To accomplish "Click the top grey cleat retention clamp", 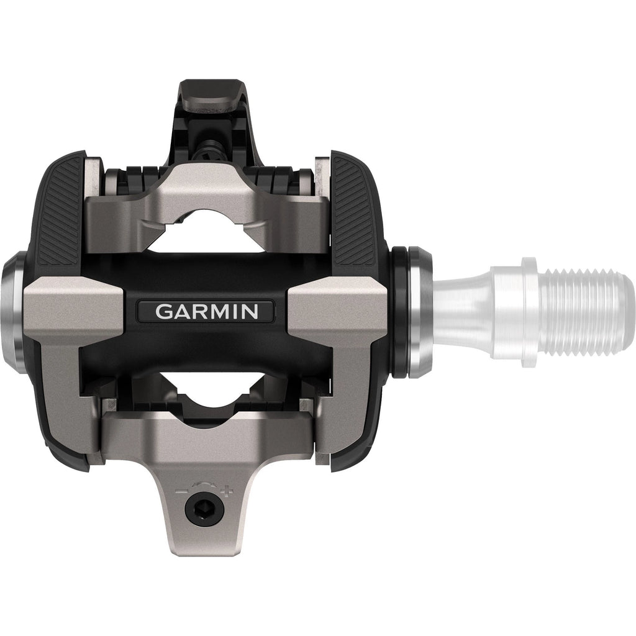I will tap(206, 193).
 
